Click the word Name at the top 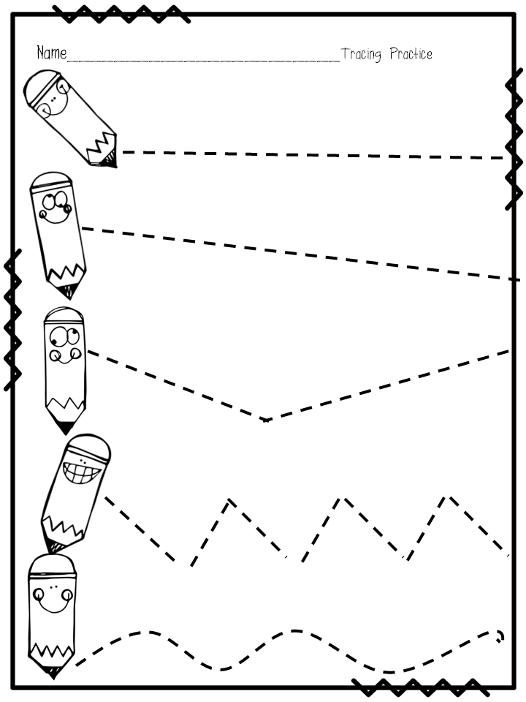pos(51,53)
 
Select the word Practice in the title pos(411,54)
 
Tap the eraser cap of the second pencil pos(52,180)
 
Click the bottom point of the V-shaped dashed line pos(266,420)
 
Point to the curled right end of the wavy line pos(500,635)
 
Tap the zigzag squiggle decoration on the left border pos(12,318)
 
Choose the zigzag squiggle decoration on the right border pos(514,143)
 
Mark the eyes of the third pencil pos(64,339)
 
